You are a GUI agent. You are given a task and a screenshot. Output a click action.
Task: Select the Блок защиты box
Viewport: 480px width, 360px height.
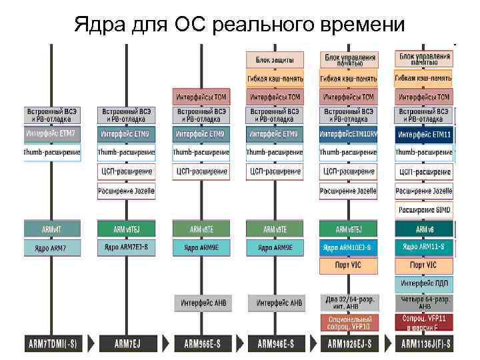click(x=275, y=59)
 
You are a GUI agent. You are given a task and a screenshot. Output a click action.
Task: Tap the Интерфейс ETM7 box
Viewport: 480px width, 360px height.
click(x=52, y=133)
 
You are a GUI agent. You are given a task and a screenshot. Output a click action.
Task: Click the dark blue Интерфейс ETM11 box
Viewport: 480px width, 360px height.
click(x=424, y=134)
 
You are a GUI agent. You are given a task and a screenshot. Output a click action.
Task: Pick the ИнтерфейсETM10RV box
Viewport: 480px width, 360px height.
click(x=349, y=134)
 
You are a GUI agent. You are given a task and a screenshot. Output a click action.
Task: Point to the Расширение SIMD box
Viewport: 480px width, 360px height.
click(x=424, y=210)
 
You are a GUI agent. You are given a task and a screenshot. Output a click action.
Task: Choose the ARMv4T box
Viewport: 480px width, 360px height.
click(x=52, y=229)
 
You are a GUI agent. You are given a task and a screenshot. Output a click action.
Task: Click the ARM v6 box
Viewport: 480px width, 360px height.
click(x=424, y=229)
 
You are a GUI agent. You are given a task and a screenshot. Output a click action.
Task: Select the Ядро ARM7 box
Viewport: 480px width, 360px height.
click(x=52, y=247)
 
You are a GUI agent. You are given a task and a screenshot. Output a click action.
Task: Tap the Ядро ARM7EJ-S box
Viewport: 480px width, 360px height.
click(x=126, y=247)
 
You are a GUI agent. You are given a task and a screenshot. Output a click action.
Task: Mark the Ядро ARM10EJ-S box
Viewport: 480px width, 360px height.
click(x=349, y=247)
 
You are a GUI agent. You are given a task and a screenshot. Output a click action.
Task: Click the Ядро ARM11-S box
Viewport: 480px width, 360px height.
click(x=424, y=247)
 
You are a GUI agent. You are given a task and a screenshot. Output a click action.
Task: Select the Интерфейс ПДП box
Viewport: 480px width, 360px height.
click(x=424, y=284)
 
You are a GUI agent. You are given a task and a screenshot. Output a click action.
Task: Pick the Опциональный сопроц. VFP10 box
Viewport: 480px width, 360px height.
click(x=349, y=323)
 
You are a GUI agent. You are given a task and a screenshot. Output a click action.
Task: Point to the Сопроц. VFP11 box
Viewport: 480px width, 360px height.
click(x=424, y=323)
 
